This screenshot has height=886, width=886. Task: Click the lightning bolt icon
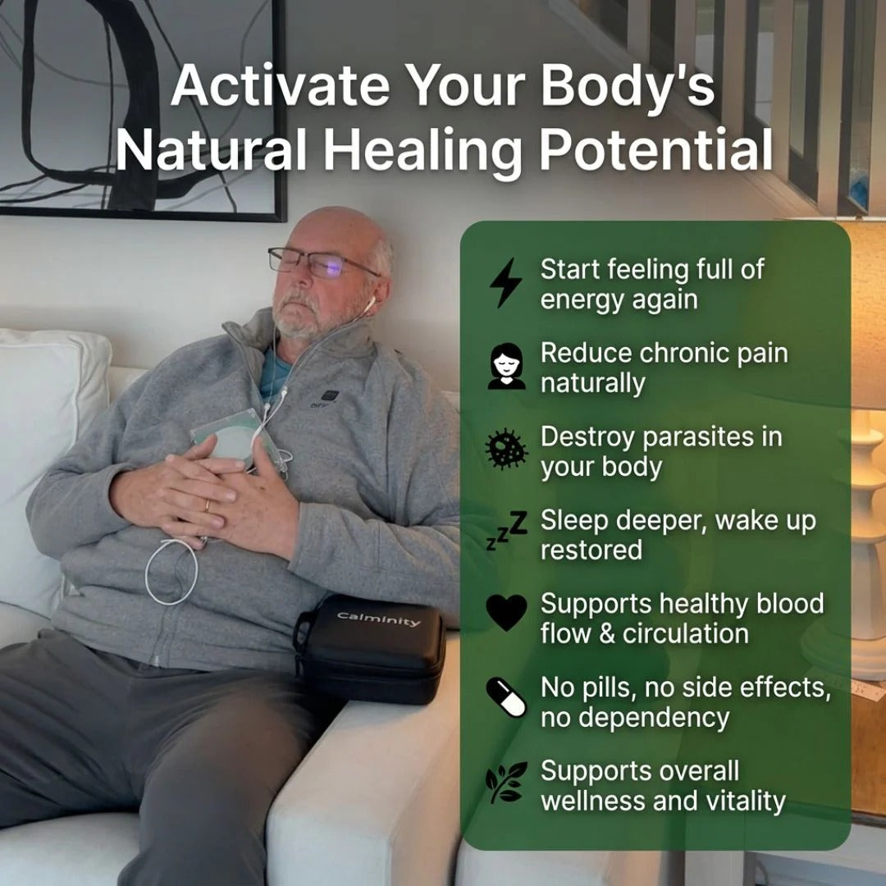505,283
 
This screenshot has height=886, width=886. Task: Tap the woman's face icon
505,367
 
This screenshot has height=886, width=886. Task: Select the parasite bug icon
505,450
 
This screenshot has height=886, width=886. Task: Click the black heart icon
505,613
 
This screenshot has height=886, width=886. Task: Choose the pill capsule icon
505,697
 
